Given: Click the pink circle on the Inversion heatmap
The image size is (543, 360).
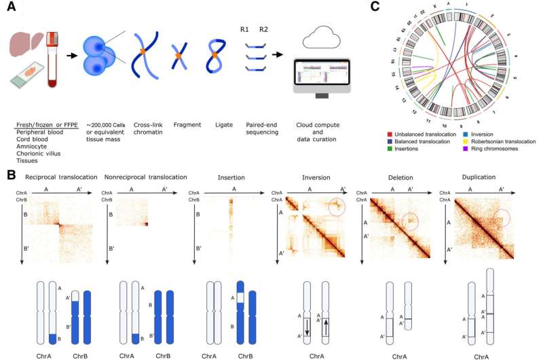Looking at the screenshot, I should point(341,205).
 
